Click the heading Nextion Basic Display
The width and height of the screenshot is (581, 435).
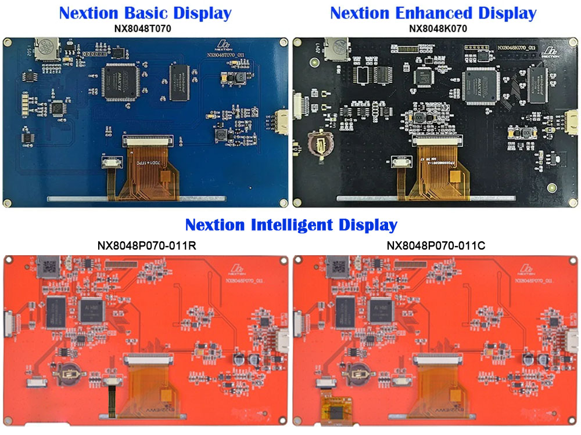click(145, 13)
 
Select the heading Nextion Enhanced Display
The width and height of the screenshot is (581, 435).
click(433, 13)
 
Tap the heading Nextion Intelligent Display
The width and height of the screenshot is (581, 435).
click(290, 224)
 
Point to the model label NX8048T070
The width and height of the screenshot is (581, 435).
click(145, 28)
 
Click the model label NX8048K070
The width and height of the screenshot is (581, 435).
click(433, 28)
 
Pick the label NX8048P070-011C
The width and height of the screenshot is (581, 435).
click(436, 246)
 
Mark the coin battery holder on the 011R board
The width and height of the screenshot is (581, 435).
click(71, 372)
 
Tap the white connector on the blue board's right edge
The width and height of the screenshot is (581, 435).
click(283, 121)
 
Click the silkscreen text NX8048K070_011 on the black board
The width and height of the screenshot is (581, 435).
click(517, 47)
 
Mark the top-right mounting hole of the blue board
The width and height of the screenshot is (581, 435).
click(283, 42)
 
